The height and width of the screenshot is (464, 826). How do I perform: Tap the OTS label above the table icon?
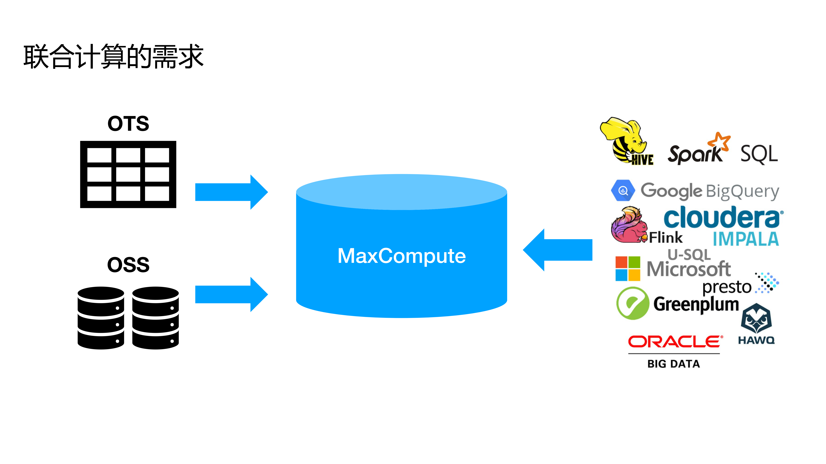(128, 124)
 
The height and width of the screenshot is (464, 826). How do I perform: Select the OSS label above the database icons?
(128, 265)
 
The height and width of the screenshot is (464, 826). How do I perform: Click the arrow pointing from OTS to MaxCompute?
(231, 192)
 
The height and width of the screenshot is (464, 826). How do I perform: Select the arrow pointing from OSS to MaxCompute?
(231, 294)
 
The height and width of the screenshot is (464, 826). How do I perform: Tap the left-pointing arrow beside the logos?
(558, 250)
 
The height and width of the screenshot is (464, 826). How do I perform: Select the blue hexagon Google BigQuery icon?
(623, 190)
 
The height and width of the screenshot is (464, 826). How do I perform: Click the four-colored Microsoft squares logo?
(628, 268)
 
